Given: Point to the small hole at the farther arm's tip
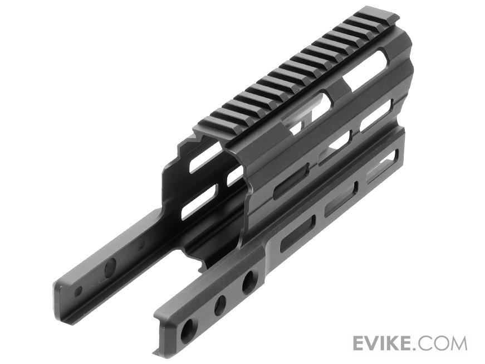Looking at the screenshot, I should coord(79,290).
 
